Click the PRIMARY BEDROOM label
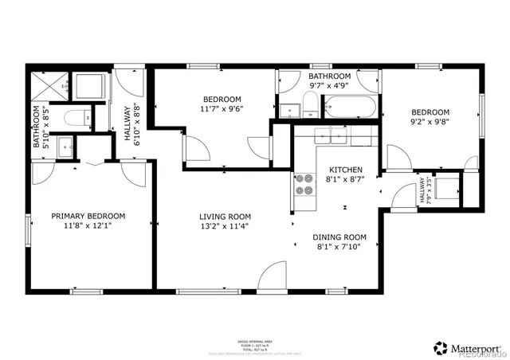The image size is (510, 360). pos(88,216)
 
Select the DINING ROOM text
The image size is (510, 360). pos(339,237)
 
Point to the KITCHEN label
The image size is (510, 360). pos(347,170)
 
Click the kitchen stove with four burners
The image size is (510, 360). pos(304,185)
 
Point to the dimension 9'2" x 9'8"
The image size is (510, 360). pos(430,123)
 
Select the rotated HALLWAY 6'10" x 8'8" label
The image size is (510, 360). pos(131,125)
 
